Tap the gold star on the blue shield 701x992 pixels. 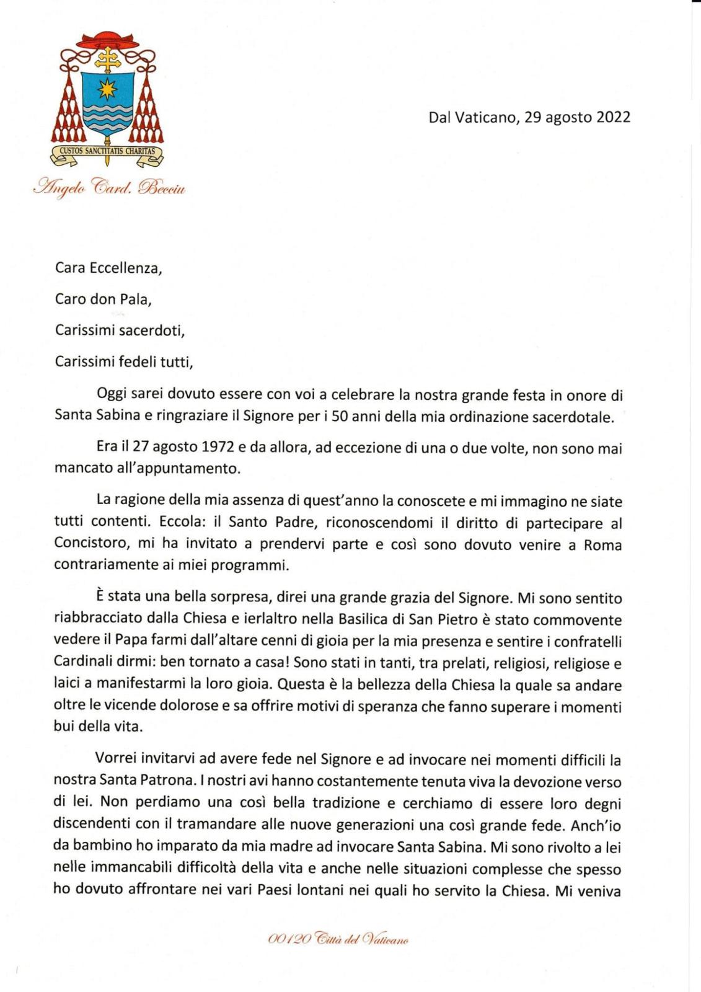(108, 89)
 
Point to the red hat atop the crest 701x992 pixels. (108, 41)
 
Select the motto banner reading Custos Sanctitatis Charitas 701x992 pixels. (107, 151)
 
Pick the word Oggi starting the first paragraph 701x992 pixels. (112, 394)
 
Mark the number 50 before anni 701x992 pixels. (340, 416)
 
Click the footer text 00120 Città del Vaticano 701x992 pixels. (338, 940)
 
